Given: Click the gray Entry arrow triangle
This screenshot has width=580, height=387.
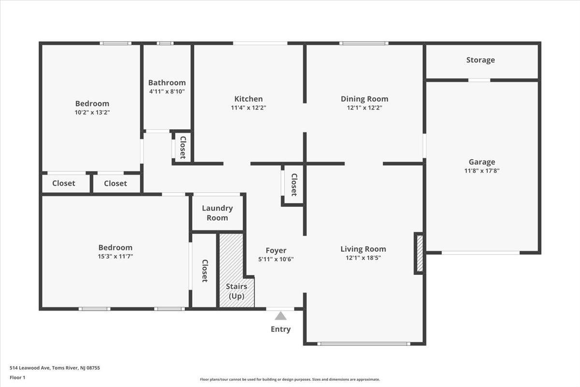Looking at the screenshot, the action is coord(280,316).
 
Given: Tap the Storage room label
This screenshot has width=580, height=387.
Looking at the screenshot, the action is coord(480,60).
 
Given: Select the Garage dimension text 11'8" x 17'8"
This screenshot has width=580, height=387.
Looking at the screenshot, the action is coord(482,171).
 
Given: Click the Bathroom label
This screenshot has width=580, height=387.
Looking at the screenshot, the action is coord(167,83).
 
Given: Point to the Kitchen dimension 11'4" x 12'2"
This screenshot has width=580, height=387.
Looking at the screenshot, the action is coord(248,107).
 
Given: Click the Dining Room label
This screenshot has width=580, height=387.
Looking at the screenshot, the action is coord(364,99).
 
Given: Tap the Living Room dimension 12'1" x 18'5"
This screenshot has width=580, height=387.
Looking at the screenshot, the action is coord(363,258).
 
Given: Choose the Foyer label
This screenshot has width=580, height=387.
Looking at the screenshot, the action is coord(276,251).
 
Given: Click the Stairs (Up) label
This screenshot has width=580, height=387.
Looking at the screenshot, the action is coord(236,291).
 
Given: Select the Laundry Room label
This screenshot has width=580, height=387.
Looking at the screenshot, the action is coord(217,213).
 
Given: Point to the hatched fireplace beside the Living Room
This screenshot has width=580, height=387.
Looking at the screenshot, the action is coord(420,253).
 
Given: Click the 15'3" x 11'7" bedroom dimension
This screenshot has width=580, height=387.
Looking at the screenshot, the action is coord(116,256).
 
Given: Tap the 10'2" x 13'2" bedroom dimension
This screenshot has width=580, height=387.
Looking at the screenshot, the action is coord(92,112).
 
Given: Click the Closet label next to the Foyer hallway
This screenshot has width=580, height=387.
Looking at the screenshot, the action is coord(294,185).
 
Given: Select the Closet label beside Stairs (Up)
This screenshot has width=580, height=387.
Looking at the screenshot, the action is coord(205,270).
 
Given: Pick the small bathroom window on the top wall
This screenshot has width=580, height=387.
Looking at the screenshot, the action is coord(165,43).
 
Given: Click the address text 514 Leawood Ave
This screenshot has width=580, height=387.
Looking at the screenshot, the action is coord(29,368).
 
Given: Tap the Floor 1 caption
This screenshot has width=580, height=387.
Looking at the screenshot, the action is coord(17,377).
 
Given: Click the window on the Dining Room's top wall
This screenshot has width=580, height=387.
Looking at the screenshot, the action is coord(364,43).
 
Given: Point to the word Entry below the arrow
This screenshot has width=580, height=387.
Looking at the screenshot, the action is coord(281,329).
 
